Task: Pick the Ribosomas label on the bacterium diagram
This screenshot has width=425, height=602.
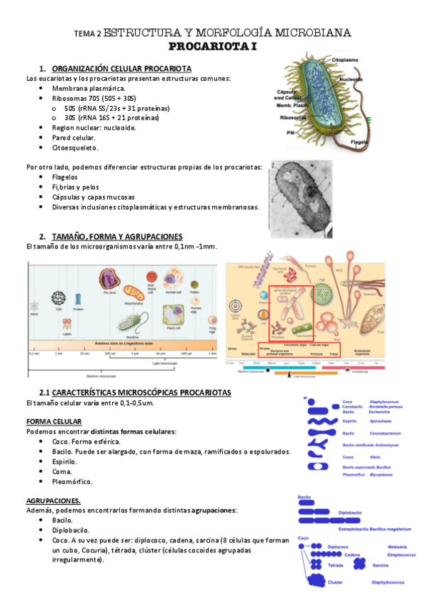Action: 293,117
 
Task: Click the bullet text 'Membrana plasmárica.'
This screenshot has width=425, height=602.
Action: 88,88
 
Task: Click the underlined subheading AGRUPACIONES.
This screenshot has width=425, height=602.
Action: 53,500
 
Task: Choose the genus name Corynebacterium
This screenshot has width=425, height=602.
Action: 389,432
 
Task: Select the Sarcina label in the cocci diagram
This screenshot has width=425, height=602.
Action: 380,565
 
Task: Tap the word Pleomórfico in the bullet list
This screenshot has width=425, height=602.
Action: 72,481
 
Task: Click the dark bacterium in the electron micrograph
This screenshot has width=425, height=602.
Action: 302,198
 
